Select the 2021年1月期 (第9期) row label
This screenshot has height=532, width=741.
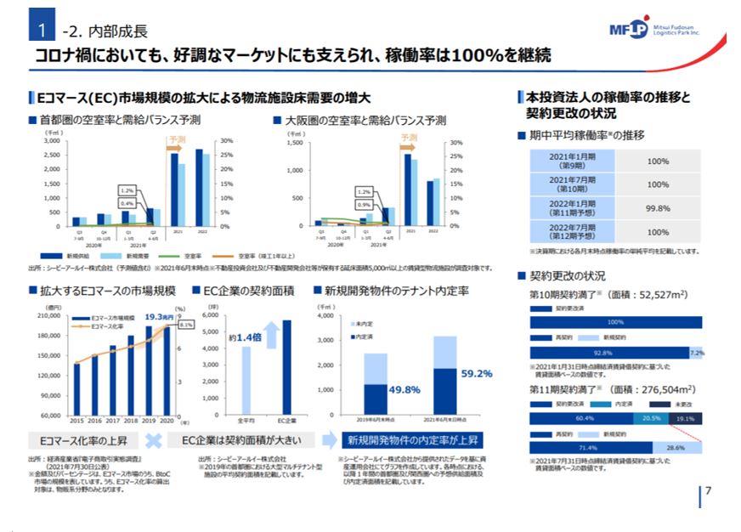[x=572, y=161]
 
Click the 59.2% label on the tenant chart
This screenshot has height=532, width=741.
[x=476, y=372]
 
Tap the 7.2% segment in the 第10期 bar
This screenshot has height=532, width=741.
[x=696, y=353]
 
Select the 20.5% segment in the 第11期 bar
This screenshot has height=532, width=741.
[x=651, y=419]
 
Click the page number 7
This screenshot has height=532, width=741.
[x=708, y=490]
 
